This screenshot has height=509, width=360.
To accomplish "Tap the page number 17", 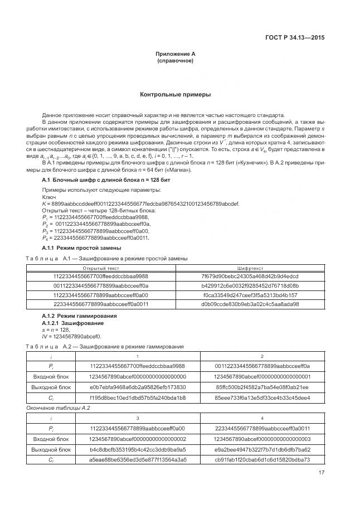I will tap(321, 473).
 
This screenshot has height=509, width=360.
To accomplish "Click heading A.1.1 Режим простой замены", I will tap(82, 248).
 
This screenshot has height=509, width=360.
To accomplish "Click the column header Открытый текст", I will tap(101, 268).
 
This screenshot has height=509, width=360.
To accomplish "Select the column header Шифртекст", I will tap(250, 268).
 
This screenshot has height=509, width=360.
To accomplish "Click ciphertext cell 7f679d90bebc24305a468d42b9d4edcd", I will tap(250, 277).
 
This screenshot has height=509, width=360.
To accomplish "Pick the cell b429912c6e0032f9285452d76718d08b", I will tap(250, 285).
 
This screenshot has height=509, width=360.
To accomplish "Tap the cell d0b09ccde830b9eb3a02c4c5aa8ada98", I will tap(250, 304).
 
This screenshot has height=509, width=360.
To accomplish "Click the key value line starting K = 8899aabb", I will tap(140, 204).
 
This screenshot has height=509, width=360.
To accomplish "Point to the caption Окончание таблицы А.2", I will tap(59, 408).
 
